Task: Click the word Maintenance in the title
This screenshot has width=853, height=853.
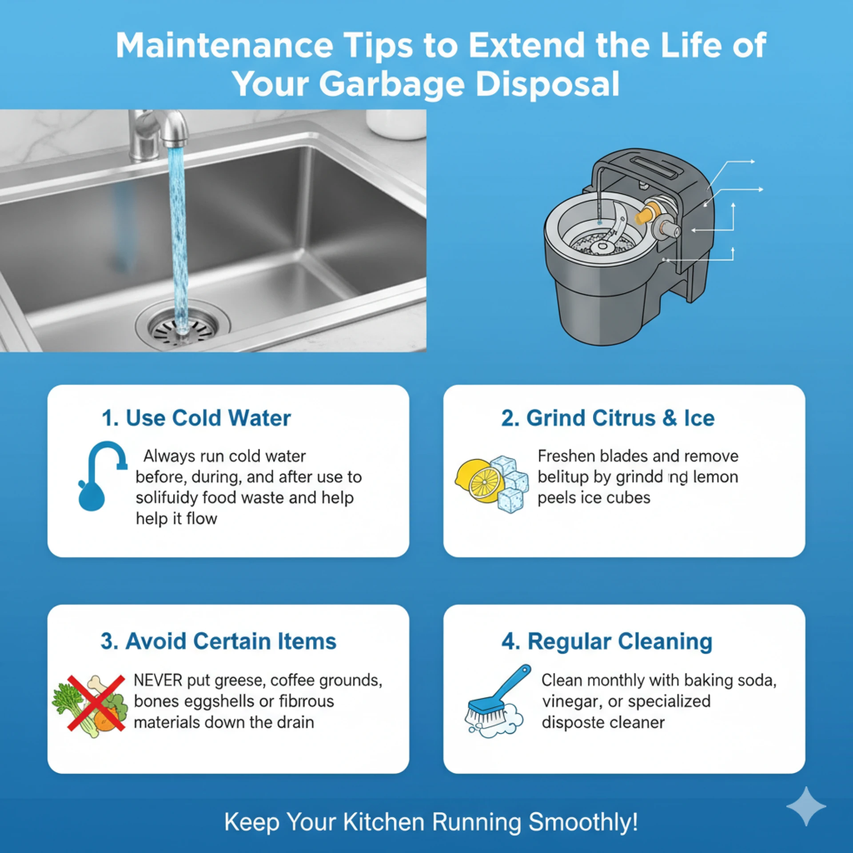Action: pyautogui.click(x=224, y=45)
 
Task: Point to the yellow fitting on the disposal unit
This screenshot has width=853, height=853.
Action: pyautogui.click(x=645, y=214)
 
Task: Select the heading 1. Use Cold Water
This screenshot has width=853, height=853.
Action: pyautogui.click(x=196, y=418)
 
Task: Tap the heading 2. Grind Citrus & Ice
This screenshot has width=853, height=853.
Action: pyautogui.click(x=608, y=418)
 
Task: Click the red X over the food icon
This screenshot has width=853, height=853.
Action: pyautogui.click(x=96, y=703)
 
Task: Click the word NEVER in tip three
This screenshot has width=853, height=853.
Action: pyautogui.click(x=158, y=680)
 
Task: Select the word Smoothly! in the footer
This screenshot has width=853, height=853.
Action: pyautogui.click(x=583, y=821)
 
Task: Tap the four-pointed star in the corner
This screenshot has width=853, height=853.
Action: pyautogui.click(x=806, y=806)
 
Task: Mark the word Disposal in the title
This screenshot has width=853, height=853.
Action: pyautogui.click(x=547, y=84)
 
